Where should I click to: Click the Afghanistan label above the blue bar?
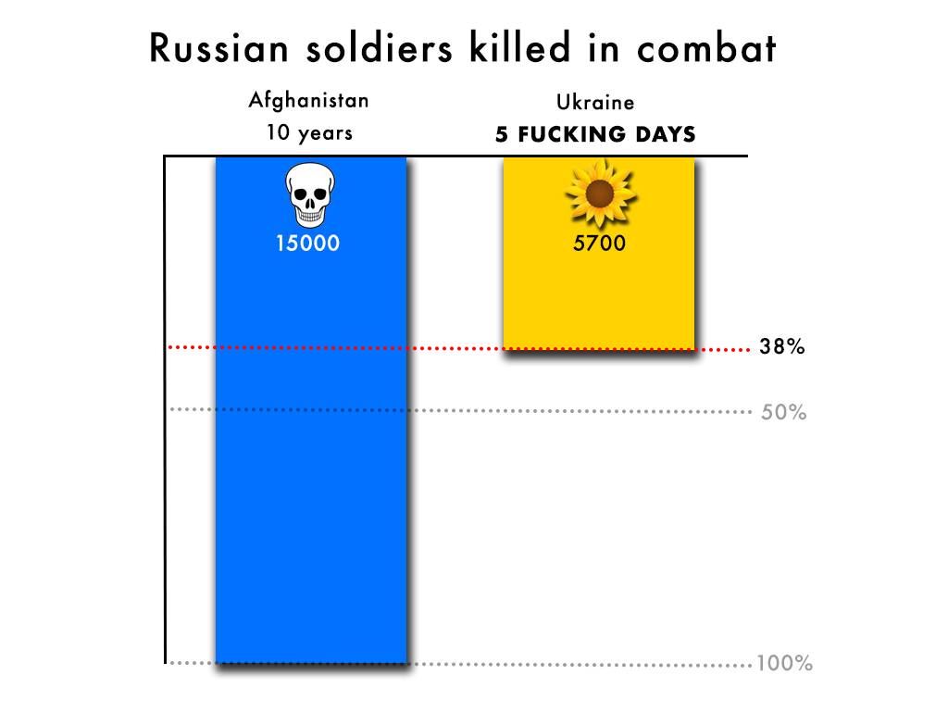pos(308,100)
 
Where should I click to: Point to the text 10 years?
pos(309,132)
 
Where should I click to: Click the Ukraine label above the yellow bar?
pos(595,102)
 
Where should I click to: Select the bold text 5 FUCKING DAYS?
pos(595,134)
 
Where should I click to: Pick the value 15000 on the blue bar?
pos(307,244)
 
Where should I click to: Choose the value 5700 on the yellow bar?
pos(599,244)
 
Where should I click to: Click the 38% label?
pos(782,348)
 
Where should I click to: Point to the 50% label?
pos(783,412)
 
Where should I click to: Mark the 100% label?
pos(784,663)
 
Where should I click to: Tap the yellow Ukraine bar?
pos(599,296)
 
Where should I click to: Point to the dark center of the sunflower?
pos(600,193)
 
